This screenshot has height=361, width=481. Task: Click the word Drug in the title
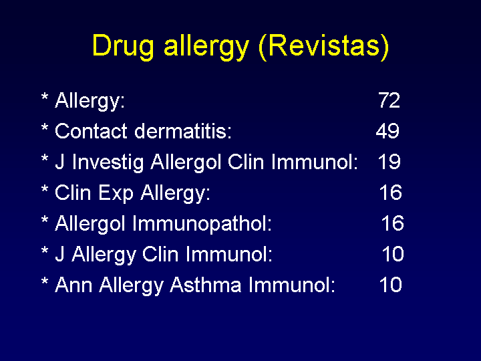123,47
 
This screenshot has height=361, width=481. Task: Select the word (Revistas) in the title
324,47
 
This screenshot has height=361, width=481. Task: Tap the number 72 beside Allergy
389,100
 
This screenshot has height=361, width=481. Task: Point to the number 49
387,131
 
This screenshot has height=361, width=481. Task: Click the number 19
389,162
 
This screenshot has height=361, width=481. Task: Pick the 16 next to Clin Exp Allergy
391,193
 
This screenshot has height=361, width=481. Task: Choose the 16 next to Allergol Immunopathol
393,223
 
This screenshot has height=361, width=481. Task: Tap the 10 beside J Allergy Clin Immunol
393,254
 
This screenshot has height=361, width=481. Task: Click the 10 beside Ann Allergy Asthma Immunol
391,285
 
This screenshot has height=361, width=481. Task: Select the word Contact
91,131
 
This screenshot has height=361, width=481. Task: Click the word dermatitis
183,131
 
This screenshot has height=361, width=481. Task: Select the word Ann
73,285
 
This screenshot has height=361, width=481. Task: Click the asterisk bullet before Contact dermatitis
45,128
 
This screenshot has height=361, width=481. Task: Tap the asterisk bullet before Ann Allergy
45,281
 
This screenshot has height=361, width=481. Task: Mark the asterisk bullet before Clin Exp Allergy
45,189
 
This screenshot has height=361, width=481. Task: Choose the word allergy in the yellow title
206,47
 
